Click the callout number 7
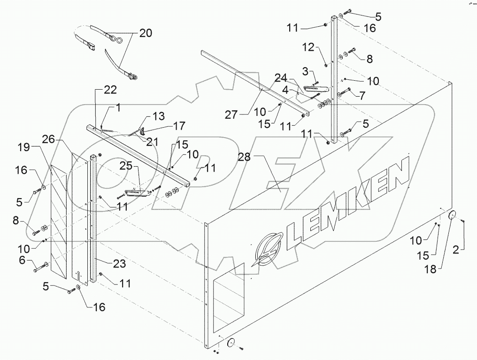click(362, 95)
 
